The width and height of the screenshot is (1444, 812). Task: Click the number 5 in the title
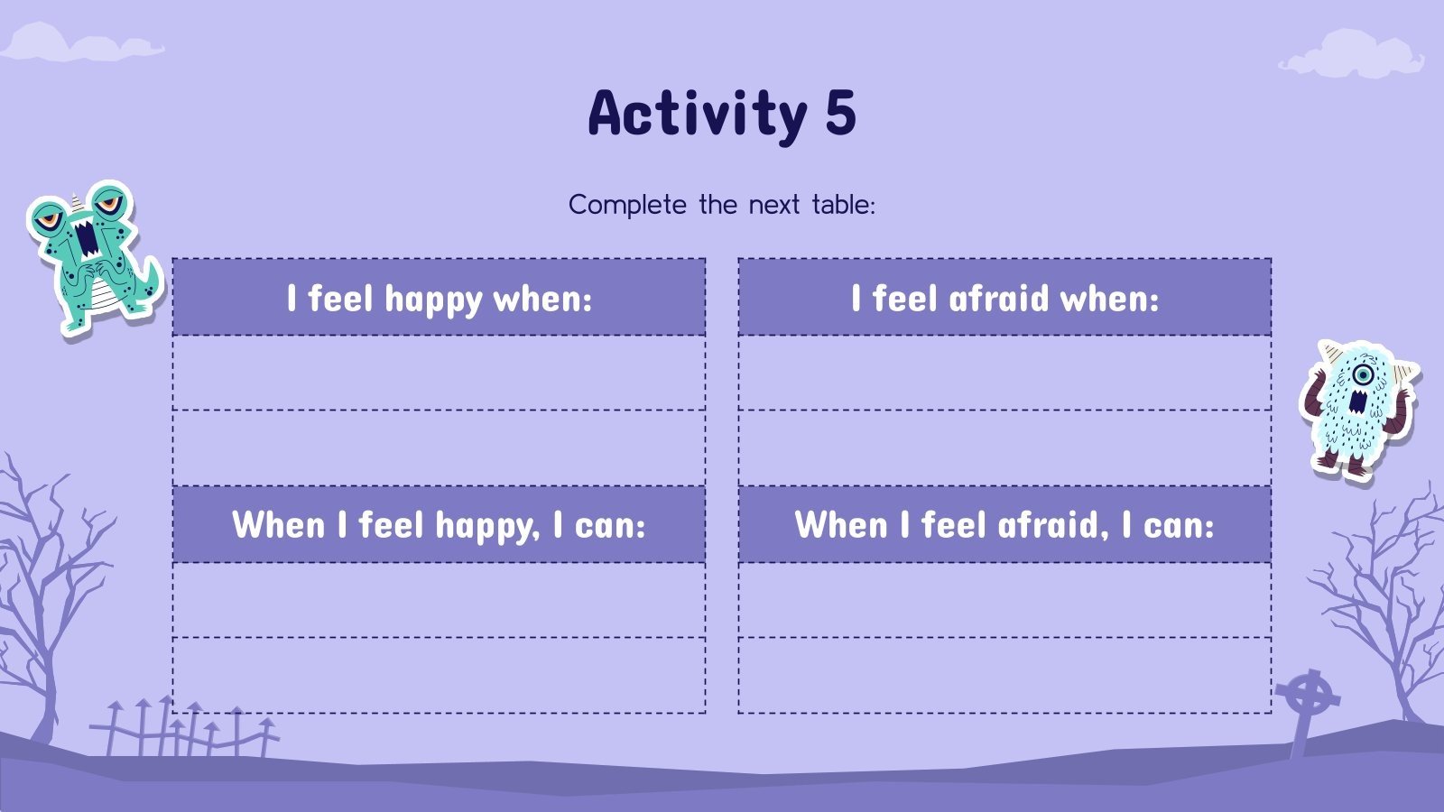[x=838, y=113]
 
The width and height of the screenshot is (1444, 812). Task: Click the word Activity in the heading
[x=697, y=115]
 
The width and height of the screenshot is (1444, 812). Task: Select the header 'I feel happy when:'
[x=439, y=299]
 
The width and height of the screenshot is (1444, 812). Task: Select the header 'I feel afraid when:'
[x=1004, y=299]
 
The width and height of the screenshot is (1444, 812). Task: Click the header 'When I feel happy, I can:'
[x=439, y=525]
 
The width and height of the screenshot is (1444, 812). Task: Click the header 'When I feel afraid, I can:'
[x=1004, y=525]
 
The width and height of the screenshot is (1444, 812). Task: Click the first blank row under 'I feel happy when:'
[x=439, y=374]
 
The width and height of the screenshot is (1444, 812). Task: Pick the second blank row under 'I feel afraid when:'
[x=1004, y=448]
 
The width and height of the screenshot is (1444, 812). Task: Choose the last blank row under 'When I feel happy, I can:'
[x=439, y=676]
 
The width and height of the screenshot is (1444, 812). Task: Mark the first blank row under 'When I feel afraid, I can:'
[x=1004, y=600]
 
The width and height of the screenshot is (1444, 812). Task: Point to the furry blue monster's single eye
[x=1363, y=374]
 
